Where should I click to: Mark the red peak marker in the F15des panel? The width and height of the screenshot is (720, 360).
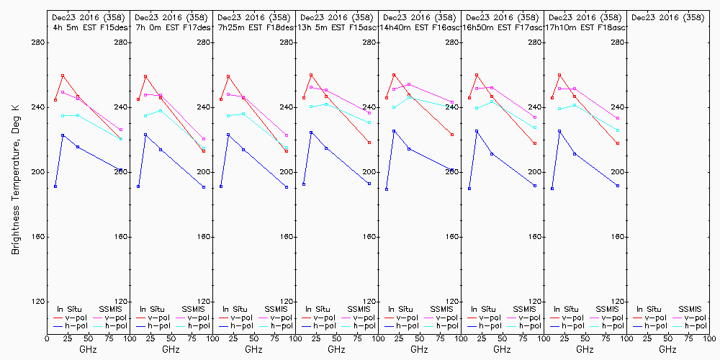tap(63, 76)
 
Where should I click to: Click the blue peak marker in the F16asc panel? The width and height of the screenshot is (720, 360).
tap(394, 131)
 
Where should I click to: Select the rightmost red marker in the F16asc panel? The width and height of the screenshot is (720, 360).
tap(452, 135)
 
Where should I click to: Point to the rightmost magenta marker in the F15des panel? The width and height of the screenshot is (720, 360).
tap(121, 130)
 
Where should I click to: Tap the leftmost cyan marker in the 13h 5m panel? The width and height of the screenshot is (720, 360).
tap(311, 107)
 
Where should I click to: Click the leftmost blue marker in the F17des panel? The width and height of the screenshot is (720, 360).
tap(138, 186)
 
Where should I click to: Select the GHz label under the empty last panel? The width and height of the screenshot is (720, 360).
tap(667, 349)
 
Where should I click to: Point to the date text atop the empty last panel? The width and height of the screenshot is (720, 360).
tap(667, 17)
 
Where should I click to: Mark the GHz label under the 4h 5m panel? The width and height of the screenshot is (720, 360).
tap(88, 349)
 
